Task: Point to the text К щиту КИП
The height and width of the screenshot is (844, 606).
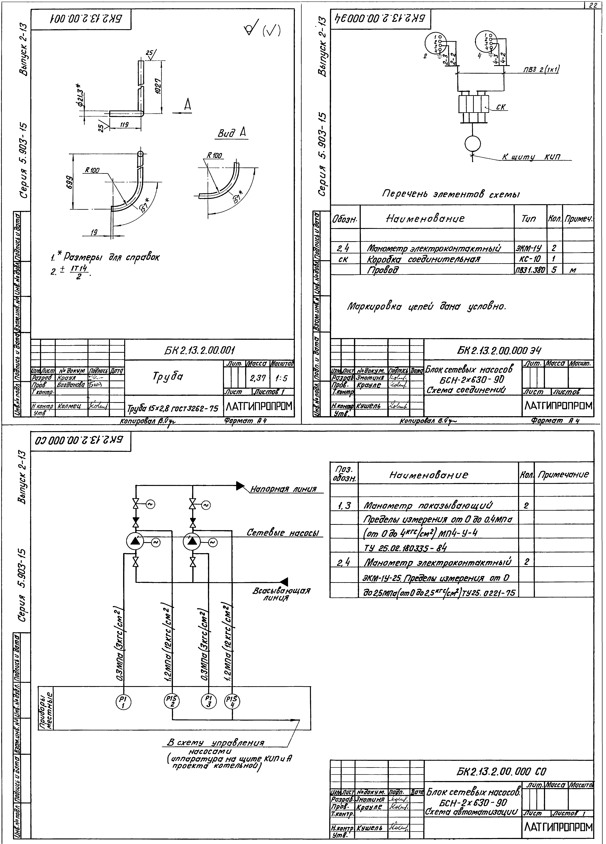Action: [531, 157]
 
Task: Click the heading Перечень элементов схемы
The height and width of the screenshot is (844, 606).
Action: [451, 194]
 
